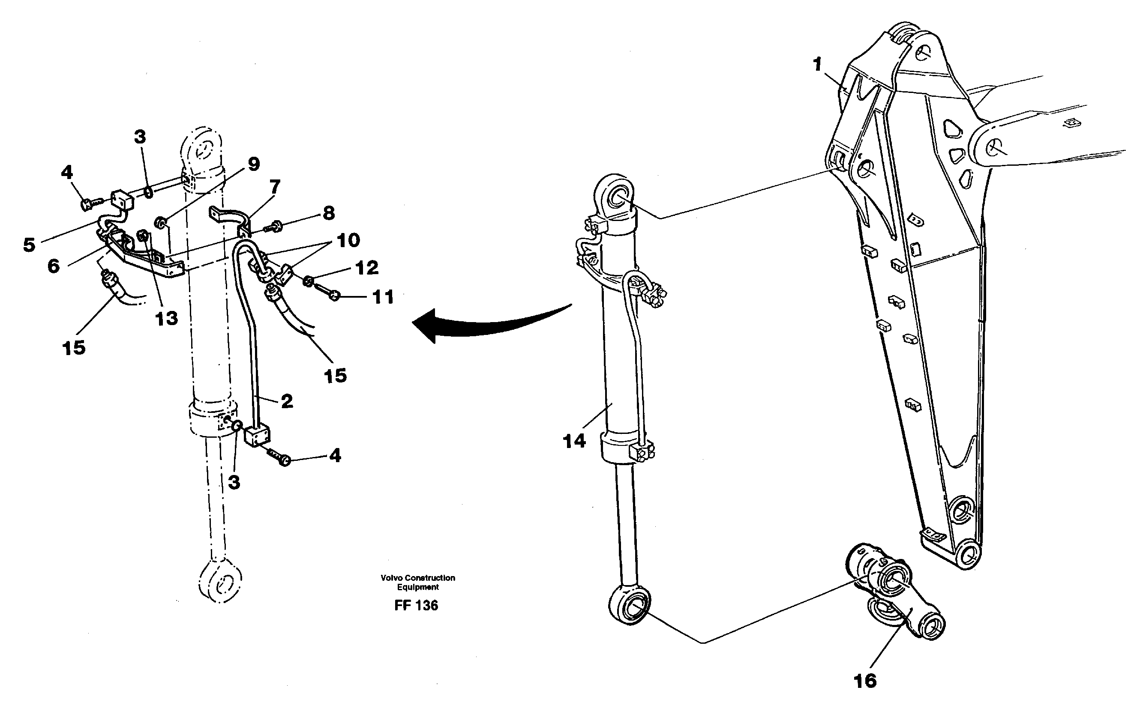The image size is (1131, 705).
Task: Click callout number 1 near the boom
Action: (x=817, y=65)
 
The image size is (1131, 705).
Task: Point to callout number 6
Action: (x=54, y=266)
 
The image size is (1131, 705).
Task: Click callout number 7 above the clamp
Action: (x=275, y=187)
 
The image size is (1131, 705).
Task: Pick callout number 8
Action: (x=328, y=213)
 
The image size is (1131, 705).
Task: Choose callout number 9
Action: (x=253, y=164)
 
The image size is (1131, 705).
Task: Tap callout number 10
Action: (x=348, y=241)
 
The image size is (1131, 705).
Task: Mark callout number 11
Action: (x=383, y=297)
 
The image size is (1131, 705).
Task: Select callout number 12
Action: (x=367, y=268)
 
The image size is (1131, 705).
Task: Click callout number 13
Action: (x=167, y=319)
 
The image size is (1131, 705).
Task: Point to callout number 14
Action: (x=574, y=441)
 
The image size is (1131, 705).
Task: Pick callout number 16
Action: (x=864, y=681)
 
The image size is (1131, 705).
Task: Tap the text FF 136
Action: (x=416, y=605)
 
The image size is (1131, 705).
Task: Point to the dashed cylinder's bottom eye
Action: (x=220, y=583)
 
